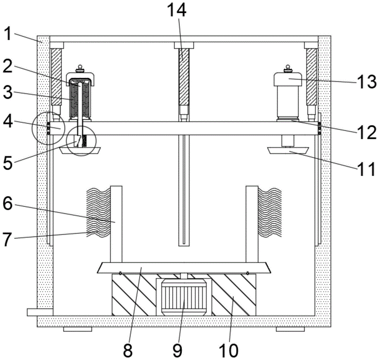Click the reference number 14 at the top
click(177, 10)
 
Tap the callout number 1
click(8, 34)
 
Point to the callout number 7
click(7, 239)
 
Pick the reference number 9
click(177, 350)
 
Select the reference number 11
click(366, 169)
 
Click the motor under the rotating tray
click(184, 297)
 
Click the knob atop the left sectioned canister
click(80, 69)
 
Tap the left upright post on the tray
click(116, 224)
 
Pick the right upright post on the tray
click(252, 224)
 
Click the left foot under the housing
click(78, 329)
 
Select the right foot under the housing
click(290, 329)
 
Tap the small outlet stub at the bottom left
click(40, 312)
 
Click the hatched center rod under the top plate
click(184, 77)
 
